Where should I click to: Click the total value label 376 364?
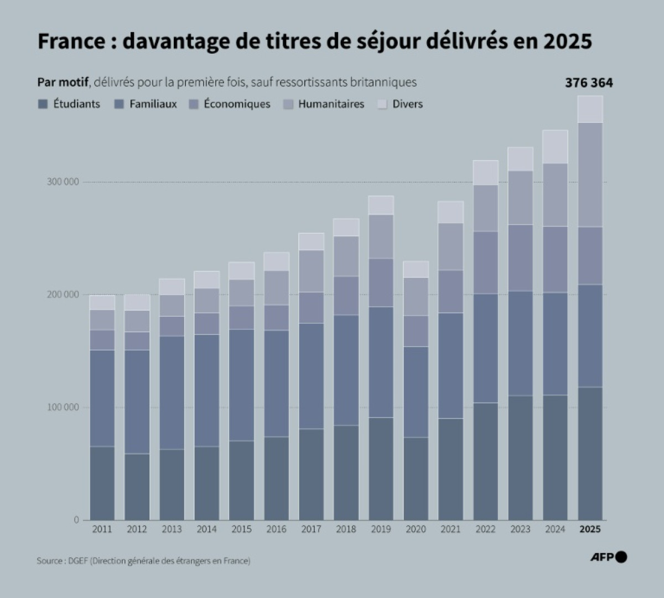tap(589, 83)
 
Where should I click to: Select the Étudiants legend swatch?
tap(43, 104)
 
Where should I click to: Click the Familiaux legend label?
tap(153, 104)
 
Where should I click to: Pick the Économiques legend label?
tap(237, 104)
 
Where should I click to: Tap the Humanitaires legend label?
tap(331, 104)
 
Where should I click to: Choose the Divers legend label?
tap(407, 104)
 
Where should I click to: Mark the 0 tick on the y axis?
tap(76, 520)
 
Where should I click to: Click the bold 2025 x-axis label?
tap(590, 529)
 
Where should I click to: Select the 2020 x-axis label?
tap(416, 529)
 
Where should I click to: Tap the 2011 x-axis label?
tap(102, 529)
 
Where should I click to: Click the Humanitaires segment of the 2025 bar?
tap(590, 174)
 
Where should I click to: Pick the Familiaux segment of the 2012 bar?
tap(137, 401)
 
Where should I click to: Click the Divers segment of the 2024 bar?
tap(555, 147)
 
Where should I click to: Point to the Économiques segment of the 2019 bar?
tap(381, 282)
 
